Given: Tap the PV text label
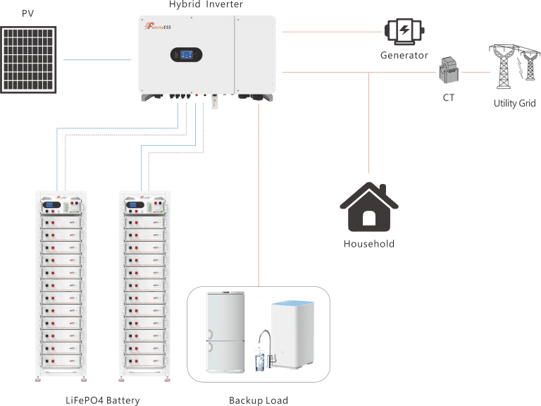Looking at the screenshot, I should click(28, 13).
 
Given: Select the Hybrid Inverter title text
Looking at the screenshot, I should click(206, 5).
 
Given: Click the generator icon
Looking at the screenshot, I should click(404, 31).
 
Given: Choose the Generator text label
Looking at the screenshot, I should click(404, 55).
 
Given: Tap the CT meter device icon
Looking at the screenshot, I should click(448, 72).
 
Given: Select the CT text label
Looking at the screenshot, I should click(449, 98).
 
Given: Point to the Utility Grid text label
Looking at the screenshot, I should click(514, 104).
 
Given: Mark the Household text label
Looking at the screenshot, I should click(368, 244).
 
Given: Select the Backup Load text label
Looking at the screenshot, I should click(259, 400).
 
